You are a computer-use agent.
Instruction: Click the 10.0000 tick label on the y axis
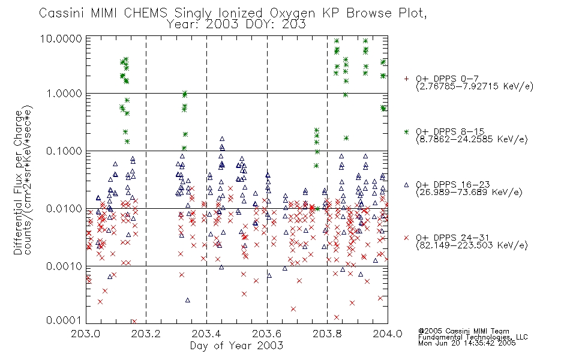pyautogui.click(x=61, y=39)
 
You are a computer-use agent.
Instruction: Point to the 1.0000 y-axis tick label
pyautogui.click(x=64, y=94)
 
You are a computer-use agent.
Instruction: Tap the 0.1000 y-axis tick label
pyautogui.click(x=64, y=151)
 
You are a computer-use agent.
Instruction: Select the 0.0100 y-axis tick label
pyautogui.click(x=64, y=209)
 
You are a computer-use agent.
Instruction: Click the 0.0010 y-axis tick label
pyautogui.click(x=64, y=266)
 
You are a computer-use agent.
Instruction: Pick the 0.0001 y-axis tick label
pyautogui.click(x=64, y=320)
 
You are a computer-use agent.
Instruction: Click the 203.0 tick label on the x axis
pyautogui.click(x=86, y=334)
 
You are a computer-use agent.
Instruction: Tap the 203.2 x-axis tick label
pyautogui.click(x=146, y=334)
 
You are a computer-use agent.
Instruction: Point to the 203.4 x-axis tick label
pyautogui.click(x=206, y=334)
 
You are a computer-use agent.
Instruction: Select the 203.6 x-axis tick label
pyautogui.click(x=267, y=334)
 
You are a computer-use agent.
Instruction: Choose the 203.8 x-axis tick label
pyautogui.click(x=327, y=334)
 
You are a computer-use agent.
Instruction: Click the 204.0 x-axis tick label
pyautogui.click(x=388, y=334)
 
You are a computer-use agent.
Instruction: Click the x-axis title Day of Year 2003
pyautogui.click(x=236, y=346)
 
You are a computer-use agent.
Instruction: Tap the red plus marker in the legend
pyautogui.click(x=406, y=79)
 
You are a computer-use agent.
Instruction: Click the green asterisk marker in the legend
pyautogui.click(x=406, y=131)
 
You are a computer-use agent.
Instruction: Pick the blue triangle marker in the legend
pyautogui.click(x=406, y=185)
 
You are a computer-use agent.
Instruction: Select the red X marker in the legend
pyautogui.click(x=406, y=238)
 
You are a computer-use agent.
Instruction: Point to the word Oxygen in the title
pyautogui.click(x=293, y=13)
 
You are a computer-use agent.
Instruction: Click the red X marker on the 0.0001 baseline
pyautogui.click(x=134, y=322)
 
